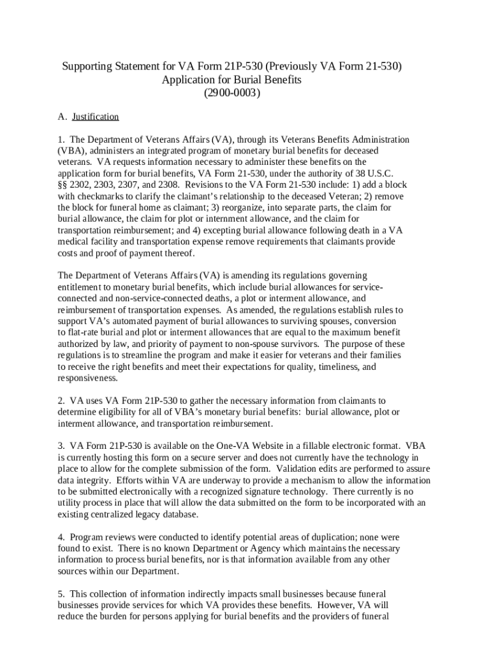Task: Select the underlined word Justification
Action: [95, 117]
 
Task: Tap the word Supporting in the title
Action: [87, 66]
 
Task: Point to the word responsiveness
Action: [87, 378]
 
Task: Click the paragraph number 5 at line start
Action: [61, 593]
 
